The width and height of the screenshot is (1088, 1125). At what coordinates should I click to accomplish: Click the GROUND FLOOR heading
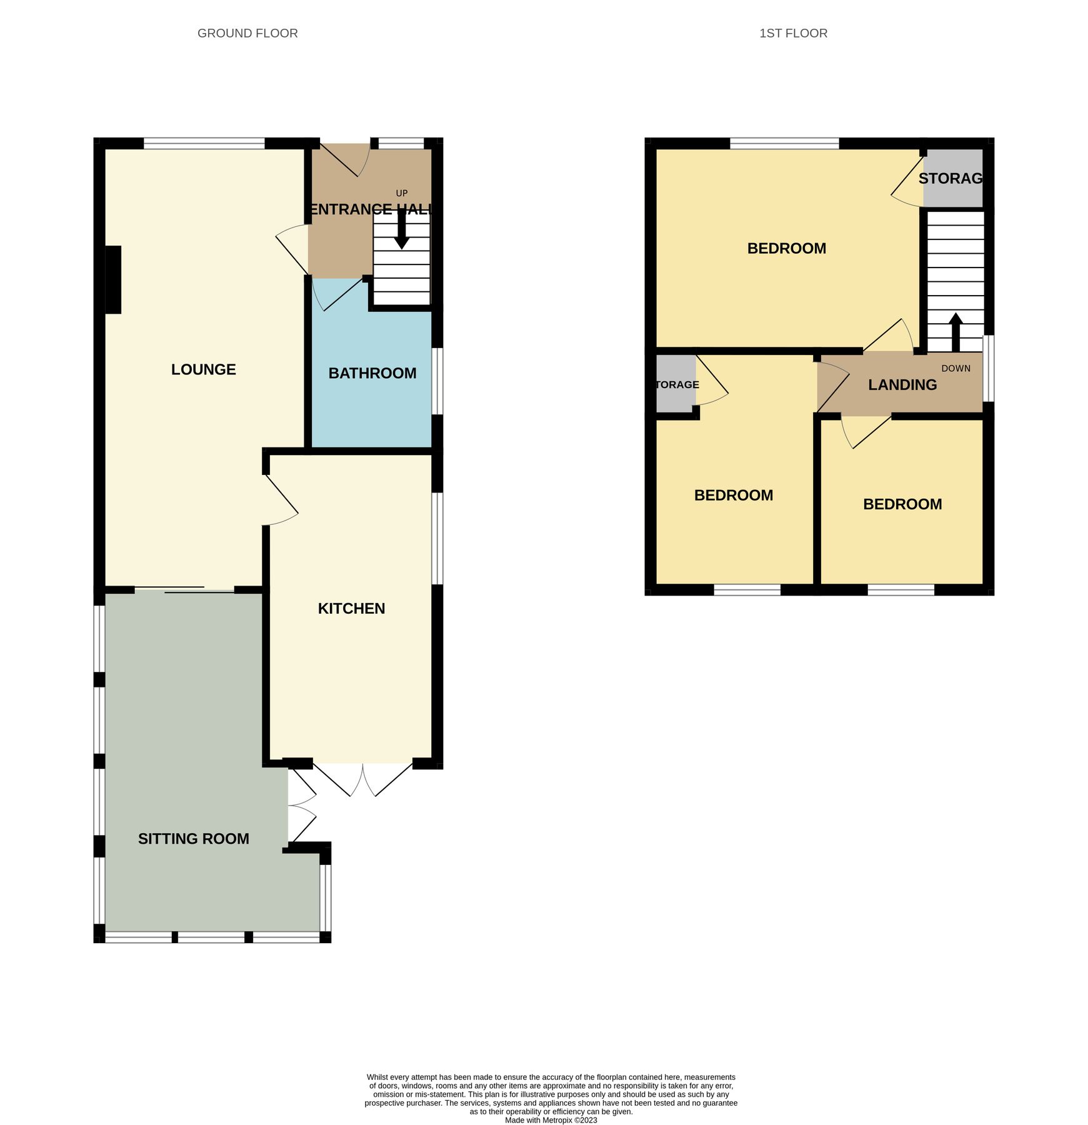(x=247, y=33)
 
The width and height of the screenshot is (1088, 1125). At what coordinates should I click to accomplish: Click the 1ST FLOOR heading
(x=793, y=33)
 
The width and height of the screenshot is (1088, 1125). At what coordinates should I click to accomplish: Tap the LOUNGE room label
(x=204, y=369)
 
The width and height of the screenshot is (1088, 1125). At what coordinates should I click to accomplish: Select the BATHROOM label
(x=372, y=373)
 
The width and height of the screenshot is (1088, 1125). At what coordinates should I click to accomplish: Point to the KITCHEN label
(x=351, y=608)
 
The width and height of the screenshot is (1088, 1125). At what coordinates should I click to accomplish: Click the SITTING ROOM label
(x=194, y=839)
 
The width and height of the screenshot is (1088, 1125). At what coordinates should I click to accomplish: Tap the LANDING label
(x=902, y=385)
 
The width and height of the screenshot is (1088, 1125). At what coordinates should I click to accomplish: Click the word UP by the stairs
(x=402, y=193)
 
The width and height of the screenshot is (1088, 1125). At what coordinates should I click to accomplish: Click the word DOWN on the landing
(x=956, y=368)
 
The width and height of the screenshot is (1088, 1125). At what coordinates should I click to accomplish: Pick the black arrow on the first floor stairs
(x=956, y=332)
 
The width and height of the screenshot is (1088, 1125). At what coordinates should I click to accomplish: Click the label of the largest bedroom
(x=787, y=248)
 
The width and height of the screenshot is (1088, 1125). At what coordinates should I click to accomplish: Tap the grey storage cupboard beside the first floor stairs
(x=952, y=178)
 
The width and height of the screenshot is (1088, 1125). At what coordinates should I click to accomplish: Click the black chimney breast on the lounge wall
(x=113, y=279)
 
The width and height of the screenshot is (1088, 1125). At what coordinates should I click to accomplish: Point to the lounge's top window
(x=204, y=144)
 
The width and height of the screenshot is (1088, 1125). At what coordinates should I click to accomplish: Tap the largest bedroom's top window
(x=784, y=144)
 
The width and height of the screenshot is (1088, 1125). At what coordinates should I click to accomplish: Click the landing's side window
(x=989, y=368)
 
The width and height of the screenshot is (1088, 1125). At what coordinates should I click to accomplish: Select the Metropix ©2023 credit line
(x=551, y=1120)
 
